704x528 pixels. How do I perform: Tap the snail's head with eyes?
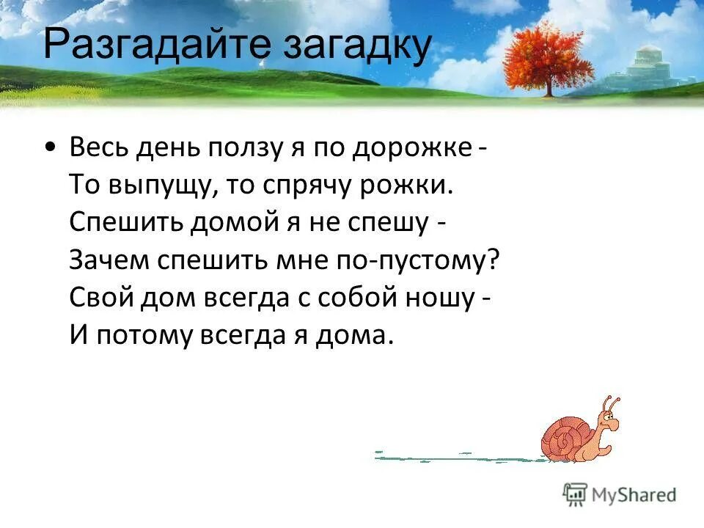(x=606, y=423)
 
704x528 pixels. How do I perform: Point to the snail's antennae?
(x=610, y=403)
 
